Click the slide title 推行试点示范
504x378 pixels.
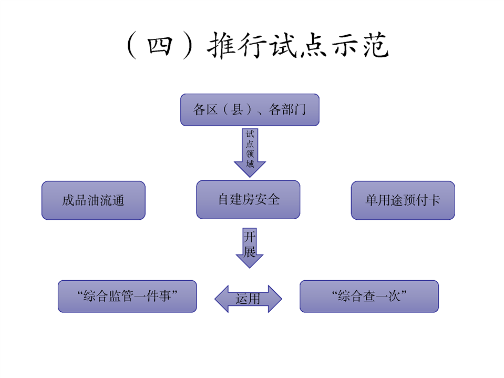click(299, 46)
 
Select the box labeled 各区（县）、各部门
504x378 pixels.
click(250, 110)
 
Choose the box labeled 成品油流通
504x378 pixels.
click(93, 200)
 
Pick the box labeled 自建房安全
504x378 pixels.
click(248, 200)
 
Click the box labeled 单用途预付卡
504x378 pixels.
click(403, 200)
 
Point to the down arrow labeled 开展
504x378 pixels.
click(249, 246)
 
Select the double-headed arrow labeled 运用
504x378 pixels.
click(248, 299)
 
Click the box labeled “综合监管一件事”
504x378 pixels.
click(127, 296)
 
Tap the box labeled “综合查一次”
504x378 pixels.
click(369, 296)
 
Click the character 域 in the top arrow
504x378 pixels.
click(250, 164)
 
